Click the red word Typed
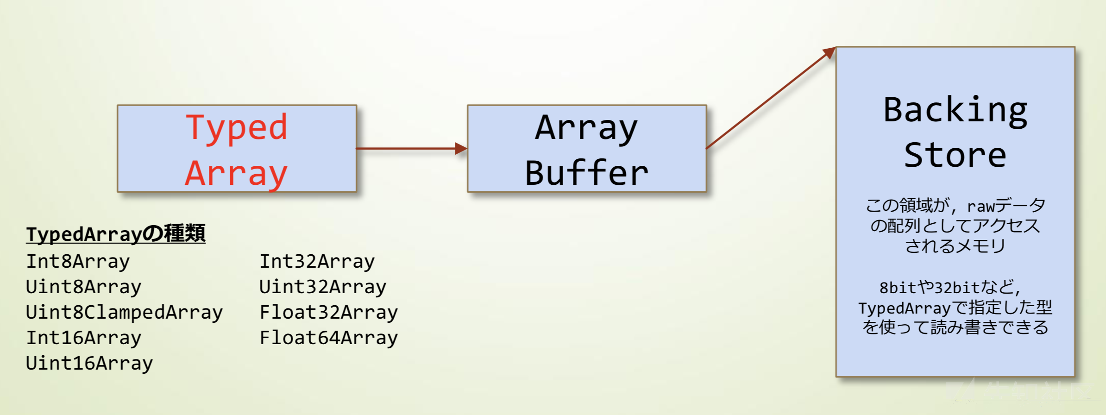point(237,128)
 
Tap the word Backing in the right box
point(955,111)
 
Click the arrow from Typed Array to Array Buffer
point(412,149)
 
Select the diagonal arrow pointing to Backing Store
point(771,98)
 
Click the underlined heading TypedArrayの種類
point(116,234)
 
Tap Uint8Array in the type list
point(84,287)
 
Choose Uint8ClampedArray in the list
point(125,313)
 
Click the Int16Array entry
point(84,338)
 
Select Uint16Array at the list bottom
point(89,364)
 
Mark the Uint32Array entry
point(323,287)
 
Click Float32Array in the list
point(329,313)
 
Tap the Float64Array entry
point(329,338)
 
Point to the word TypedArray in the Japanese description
point(905,308)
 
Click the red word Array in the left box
point(237,173)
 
